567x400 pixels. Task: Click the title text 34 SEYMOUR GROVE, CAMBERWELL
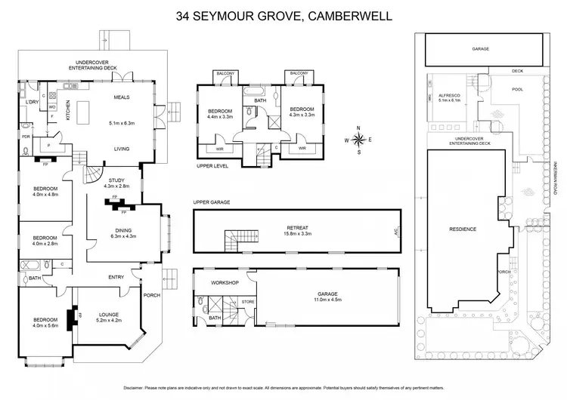[x=283, y=14]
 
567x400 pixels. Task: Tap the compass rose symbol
[x=358, y=139]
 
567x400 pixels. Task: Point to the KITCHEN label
[x=67, y=112]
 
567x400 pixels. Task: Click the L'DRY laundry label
[x=32, y=101]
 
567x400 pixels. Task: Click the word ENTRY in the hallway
[x=116, y=277]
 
